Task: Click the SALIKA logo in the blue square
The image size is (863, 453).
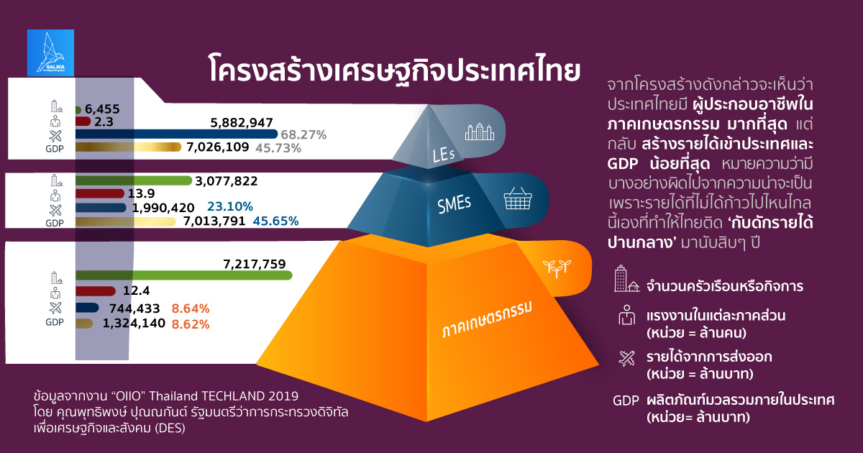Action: click(x=50, y=52)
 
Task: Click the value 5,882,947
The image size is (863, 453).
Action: click(x=242, y=123)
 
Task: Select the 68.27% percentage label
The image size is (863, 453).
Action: click(x=303, y=135)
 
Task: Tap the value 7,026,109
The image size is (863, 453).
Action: click(x=218, y=147)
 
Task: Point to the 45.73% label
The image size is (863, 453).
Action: click(x=278, y=148)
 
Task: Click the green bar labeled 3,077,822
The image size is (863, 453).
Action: click(x=133, y=180)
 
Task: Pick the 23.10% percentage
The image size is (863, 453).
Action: click(x=230, y=207)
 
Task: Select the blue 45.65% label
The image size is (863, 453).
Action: click(x=275, y=221)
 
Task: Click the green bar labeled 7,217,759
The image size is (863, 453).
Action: click(x=184, y=275)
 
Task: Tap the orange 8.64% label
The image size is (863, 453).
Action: click(x=191, y=308)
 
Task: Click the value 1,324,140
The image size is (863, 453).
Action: click(x=134, y=323)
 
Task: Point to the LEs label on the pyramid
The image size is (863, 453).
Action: click(x=444, y=155)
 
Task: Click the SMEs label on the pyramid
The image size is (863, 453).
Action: click(x=454, y=204)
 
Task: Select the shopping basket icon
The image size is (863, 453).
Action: click(x=518, y=198)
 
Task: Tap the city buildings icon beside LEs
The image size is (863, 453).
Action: click(x=480, y=132)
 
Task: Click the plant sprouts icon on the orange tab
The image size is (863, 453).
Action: click(x=557, y=268)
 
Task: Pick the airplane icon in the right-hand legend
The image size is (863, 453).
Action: click(x=627, y=359)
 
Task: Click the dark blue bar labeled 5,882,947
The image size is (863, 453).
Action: click(x=176, y=134)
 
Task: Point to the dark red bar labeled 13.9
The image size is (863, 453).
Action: click(x=100, y=193)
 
